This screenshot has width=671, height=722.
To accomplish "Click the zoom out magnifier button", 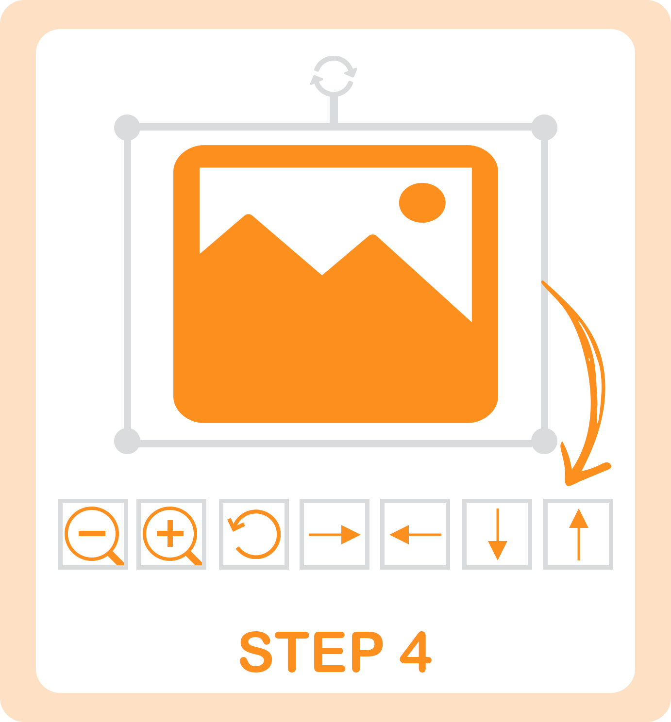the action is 93,534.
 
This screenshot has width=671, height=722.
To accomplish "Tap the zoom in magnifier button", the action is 171,534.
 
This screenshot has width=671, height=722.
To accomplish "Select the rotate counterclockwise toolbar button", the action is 253,534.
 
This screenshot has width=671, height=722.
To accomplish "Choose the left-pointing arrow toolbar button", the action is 415,534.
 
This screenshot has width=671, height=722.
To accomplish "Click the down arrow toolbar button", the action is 497,534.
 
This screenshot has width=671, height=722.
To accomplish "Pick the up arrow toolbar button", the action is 578,534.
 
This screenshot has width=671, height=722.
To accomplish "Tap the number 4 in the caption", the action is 416,652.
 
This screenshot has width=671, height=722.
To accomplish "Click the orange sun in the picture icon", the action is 422,202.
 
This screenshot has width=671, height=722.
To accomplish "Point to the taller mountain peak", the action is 248,215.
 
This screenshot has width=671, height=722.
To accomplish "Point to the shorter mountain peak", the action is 372,235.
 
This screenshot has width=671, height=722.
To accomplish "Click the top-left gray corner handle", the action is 127,128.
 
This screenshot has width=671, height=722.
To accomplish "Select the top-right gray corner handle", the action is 544,128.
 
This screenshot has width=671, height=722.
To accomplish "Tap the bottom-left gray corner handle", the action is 127,441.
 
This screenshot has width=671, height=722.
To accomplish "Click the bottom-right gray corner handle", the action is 544,441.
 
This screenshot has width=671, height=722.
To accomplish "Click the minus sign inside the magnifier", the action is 92,533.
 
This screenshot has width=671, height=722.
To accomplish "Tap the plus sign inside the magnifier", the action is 170,533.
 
